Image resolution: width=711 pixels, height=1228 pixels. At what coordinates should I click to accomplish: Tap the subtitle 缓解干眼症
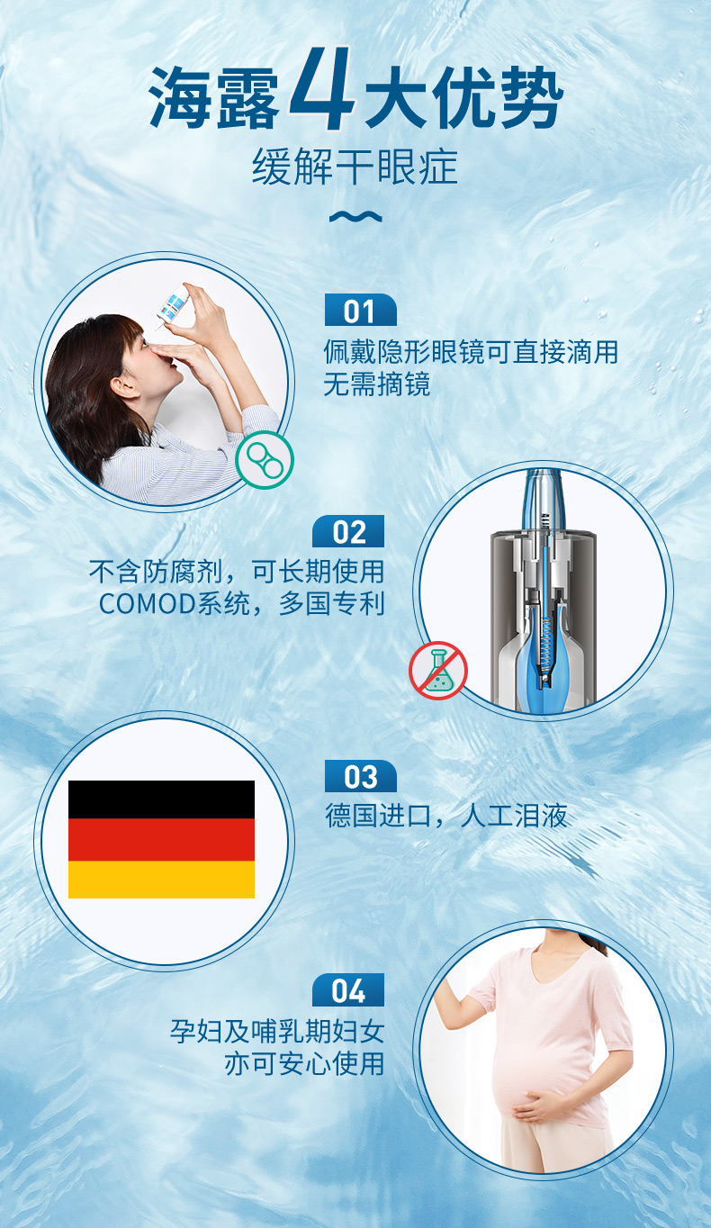coord(355,167)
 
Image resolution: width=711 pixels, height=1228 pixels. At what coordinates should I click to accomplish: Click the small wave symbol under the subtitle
coord(355,217)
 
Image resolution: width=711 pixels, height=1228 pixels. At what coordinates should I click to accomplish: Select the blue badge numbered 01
coord(360,310)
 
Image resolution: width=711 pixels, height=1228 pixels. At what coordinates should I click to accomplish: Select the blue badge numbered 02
coord(348,531)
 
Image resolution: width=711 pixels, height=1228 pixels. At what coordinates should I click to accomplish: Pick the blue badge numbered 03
coord(360,776)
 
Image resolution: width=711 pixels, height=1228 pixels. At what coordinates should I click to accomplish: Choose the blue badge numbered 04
coord(348,990)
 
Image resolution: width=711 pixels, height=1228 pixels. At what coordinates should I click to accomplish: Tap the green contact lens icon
coord(265,460)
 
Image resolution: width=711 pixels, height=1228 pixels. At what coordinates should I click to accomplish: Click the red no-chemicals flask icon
coord(438,670)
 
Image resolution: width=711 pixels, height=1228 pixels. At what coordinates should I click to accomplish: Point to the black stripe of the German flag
coord(161,799)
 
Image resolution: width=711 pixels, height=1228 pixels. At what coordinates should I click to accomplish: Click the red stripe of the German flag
coord(161,839)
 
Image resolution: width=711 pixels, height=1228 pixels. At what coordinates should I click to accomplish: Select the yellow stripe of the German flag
coord(161,880)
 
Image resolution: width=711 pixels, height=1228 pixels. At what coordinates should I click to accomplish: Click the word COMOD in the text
coord(148,604)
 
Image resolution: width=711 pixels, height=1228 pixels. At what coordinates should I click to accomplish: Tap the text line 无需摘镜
coord(376,384)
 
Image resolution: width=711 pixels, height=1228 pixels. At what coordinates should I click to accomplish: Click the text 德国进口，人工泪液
coord(446,816)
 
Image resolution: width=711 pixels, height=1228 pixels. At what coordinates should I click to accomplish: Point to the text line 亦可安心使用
coord(304,1063)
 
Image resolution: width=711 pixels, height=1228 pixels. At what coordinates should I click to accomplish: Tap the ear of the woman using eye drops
coord(124,384)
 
